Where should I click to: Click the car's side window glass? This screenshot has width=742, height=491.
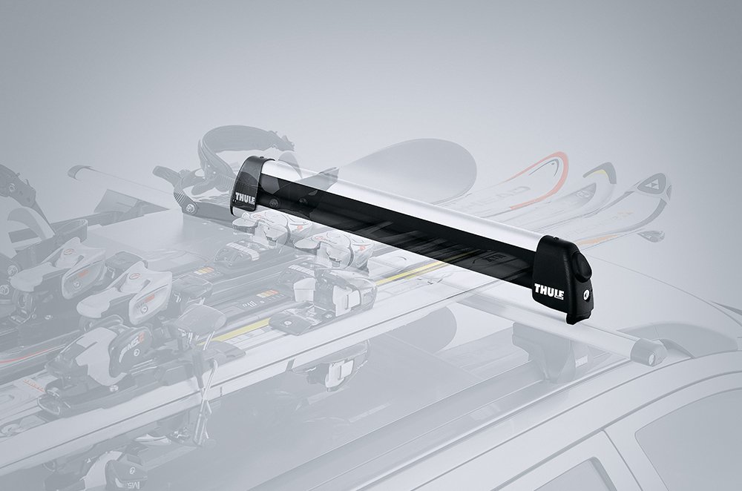point(683,445)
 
